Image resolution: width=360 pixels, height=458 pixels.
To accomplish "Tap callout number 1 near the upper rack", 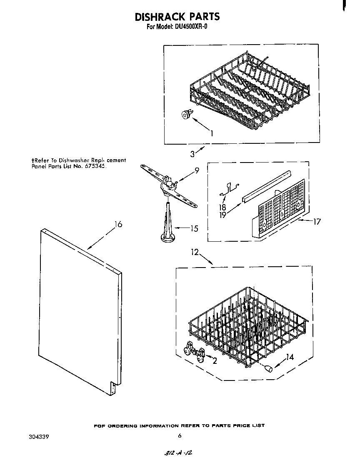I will [212, 133].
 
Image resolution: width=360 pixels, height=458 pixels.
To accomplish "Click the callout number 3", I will [192, 154].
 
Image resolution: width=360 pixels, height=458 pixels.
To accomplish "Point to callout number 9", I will [197, 170].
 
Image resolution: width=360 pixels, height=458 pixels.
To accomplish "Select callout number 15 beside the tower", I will [193, 228].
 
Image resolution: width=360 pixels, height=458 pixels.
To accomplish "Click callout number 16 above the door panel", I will [118, 224].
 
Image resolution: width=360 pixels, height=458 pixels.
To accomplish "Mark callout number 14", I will [290, 357].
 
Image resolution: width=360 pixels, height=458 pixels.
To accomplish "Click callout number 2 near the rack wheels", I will [215, 361].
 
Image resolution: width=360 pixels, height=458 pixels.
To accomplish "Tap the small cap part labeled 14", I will [269, 368].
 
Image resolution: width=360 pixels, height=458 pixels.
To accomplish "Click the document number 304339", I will [38, 437].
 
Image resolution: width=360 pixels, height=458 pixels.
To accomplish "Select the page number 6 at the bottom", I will [180, 436].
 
